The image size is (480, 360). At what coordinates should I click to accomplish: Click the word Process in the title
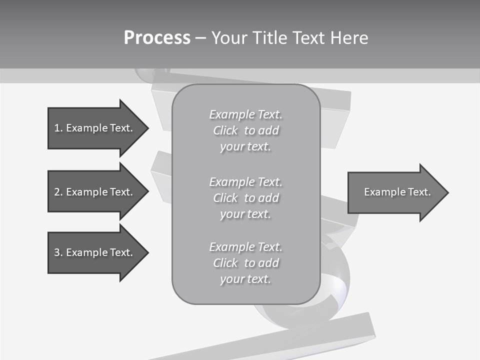[157, 38]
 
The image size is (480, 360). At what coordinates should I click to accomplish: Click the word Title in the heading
[268, 38]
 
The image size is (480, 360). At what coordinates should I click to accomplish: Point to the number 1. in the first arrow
[58, 128]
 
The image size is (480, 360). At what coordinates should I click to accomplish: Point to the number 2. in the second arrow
[58, 192]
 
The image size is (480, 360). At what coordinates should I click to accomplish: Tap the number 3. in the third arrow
[58, 252]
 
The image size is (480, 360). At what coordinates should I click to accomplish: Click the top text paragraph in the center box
[245, 130]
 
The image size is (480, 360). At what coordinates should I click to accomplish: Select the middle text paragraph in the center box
[245, 198]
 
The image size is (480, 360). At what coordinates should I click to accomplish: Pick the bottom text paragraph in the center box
[245, 263]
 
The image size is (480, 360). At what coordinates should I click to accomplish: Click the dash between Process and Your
[200, 38]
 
